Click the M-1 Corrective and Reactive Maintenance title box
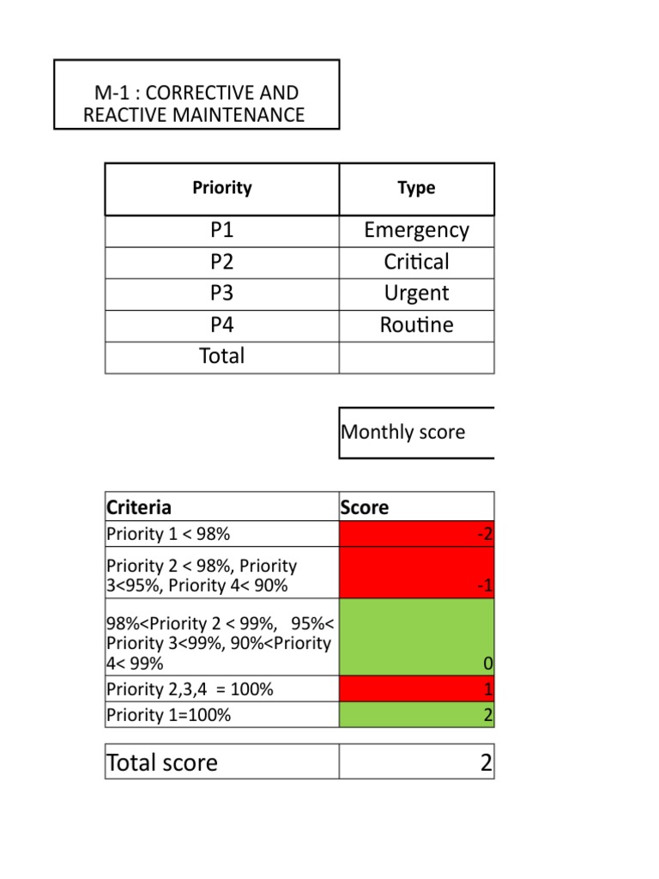click(x=196, y=94)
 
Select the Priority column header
click(x=222, y=188)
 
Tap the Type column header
click(x=416, y=188)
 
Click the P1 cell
click(x=222, y=231)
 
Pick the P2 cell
click(x=222, y=263)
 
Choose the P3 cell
click(x=222, y=294)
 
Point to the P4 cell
click(x=222, y=325)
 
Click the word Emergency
click(x=416, y=231)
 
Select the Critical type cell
click(x=416, y=263)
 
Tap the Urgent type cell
click(x=416, y=294)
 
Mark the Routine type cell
click(x=416, y=325)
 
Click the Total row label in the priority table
click(x=222, y=356)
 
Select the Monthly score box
click(x=416, y=433)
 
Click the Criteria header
click(x=139, y=507)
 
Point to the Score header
click(x=365, y=507)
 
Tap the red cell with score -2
click(x=417, y=534)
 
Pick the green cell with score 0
click(x=417, y=637)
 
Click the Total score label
click(x=162, y=762)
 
